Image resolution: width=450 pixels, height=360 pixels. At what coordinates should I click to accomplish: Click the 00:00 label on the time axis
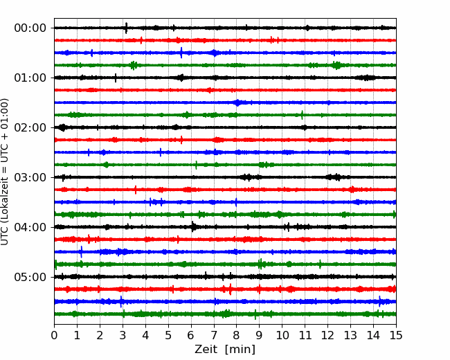click(x=30, y=28)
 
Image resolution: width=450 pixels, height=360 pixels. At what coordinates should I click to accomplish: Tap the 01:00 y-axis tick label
click(x=30, y=78)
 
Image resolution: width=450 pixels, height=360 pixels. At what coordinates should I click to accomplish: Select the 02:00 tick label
click(x=30, y=128)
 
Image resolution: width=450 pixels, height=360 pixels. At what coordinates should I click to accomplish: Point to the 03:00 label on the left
click(x=30, y=177)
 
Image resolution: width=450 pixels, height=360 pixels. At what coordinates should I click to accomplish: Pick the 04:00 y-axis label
click(x=30, y=227)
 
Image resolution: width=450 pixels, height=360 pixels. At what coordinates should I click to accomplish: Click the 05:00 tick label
click(x=30, y=278)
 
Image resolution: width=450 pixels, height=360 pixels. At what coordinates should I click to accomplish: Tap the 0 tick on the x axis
click(x=54, y=335)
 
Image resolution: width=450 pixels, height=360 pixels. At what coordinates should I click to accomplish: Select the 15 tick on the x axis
click(x=396, y=335)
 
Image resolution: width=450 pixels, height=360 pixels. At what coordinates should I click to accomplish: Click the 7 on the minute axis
click(x=214, y=335)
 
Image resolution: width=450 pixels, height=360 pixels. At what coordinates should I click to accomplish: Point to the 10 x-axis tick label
click(x=282, y=335)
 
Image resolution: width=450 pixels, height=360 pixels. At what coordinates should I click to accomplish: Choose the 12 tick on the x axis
click(x=328, y=335)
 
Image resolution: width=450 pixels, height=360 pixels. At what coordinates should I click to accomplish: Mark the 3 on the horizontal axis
click(x=123, y=335)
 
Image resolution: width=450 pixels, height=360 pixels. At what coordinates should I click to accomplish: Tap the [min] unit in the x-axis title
click(x=240, y=350)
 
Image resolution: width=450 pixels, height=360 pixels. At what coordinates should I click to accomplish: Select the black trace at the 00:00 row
click(x=225, y=28)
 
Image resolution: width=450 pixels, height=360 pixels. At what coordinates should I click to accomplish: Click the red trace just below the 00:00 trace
click(x=225, y=40)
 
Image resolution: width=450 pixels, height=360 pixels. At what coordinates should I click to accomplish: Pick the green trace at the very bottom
click(x=225, y=314)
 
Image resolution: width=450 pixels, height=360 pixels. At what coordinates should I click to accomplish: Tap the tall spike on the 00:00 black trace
click(x=126, y=28)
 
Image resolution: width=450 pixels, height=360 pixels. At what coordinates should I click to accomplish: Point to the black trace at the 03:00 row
click(x=225, y=177)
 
